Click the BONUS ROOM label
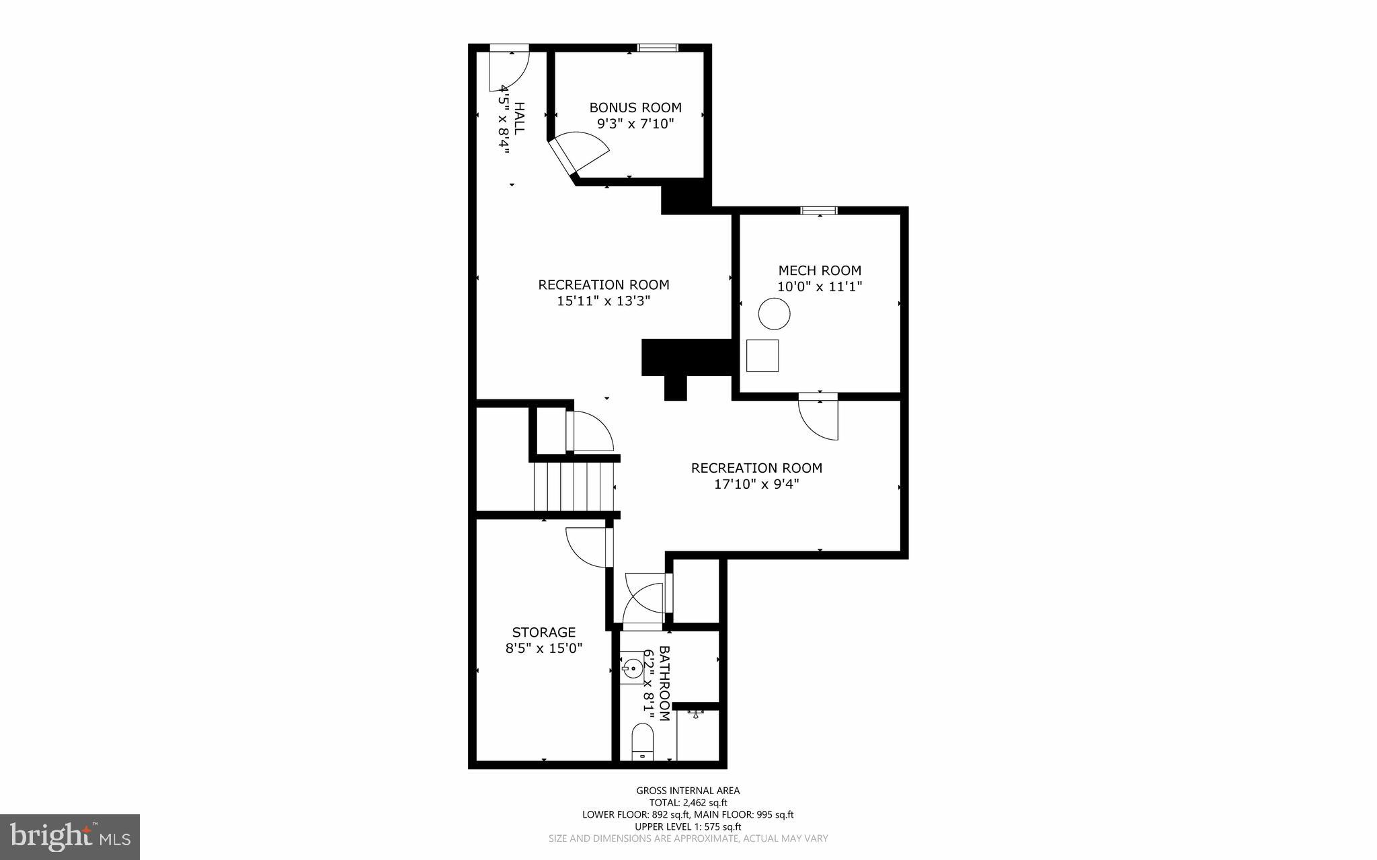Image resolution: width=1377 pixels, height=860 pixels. pyautogui.click(x=635, y=108)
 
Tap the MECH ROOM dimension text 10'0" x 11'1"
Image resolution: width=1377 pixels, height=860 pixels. pyautogui.click(x=820, y=286)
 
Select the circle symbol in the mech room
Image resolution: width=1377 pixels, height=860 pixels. pyautogui.click(x=774, y=313)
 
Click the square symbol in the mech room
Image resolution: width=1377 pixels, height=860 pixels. pyautogui.click(x=762, y=355)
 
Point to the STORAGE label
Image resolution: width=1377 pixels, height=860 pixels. pyautogui.click(x=544, y=632)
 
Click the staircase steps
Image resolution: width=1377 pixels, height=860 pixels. pyautogui.click(x=574, y=486)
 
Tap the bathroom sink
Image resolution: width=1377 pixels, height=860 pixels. pyautogui.click(x=631, y=668)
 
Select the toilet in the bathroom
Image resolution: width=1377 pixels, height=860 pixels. pyautogui.click(x=643, y=742)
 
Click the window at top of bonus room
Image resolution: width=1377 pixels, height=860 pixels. pyautogui.click(x=658, y=48)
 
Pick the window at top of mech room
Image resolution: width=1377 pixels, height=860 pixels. pyautogui.click(x=818, y=210)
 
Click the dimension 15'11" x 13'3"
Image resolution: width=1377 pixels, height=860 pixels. pyautogui.click(x=603, y=301)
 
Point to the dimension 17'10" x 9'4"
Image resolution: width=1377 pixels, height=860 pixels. pyautogui.click(x=756, y=484)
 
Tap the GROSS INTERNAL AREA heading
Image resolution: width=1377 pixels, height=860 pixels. pyautogui.click(x=688, y=791)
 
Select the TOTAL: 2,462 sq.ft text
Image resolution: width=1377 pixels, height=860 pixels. pyautogui.click(x=688, y=802)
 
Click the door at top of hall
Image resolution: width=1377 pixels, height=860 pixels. pyautogui.click(x=509, y=67)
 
